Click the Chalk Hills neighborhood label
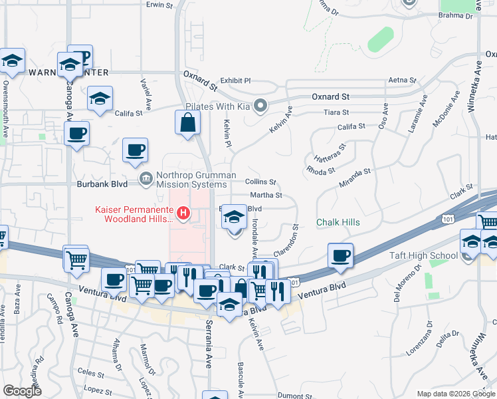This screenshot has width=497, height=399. click(338, 222)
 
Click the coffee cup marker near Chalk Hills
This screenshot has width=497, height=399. click(341, 256)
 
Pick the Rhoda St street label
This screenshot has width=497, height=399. click(320, 170)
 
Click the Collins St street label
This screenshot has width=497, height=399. click(260, 182)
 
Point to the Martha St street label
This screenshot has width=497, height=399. click(266, 196)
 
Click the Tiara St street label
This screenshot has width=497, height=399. click(335, 112)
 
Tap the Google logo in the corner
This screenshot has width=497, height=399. click(22, 391)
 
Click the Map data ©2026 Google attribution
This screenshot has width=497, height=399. click(456, 394)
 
